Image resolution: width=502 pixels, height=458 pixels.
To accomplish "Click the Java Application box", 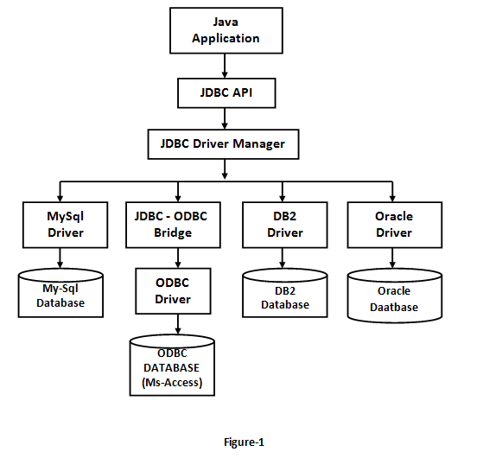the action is coord(226,30).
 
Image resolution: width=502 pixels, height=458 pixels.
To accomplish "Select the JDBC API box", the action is coord(226,92).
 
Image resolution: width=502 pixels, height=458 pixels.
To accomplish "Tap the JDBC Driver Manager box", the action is coord(223,144).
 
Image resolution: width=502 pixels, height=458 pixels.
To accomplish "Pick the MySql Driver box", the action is coord(66,225).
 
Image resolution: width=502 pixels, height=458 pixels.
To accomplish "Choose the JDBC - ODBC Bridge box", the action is coord(173,225).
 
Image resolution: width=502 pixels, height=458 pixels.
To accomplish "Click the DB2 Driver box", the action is coord(285,225).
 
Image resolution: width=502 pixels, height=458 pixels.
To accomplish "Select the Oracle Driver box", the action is coord(395,225).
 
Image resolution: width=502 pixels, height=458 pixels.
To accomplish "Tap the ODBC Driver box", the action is coord(173,291).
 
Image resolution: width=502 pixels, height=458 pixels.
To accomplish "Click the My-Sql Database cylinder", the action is coord(60,293).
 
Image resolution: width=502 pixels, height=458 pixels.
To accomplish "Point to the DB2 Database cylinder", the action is coord(285,293).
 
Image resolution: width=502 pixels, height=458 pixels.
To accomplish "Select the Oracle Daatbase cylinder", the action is coord(395,296).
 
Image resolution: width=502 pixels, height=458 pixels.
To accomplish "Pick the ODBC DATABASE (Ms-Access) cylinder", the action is coord(172,366).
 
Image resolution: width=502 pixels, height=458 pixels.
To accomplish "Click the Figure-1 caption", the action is coord(244,442).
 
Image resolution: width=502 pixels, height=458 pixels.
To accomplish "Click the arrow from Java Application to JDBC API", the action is coord(225,66).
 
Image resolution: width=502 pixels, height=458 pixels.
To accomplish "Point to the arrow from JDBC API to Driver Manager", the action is coord(225,118).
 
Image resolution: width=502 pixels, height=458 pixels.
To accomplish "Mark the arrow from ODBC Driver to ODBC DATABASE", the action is coord(178,324).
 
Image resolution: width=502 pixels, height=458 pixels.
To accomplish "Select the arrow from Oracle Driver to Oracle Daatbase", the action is coord(392,258).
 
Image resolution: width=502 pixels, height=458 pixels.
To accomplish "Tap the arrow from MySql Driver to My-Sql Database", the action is coord(60,258).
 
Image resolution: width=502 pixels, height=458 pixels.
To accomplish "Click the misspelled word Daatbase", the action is coord(394,308).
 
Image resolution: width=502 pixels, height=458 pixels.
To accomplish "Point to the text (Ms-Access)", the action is coord(172,383).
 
